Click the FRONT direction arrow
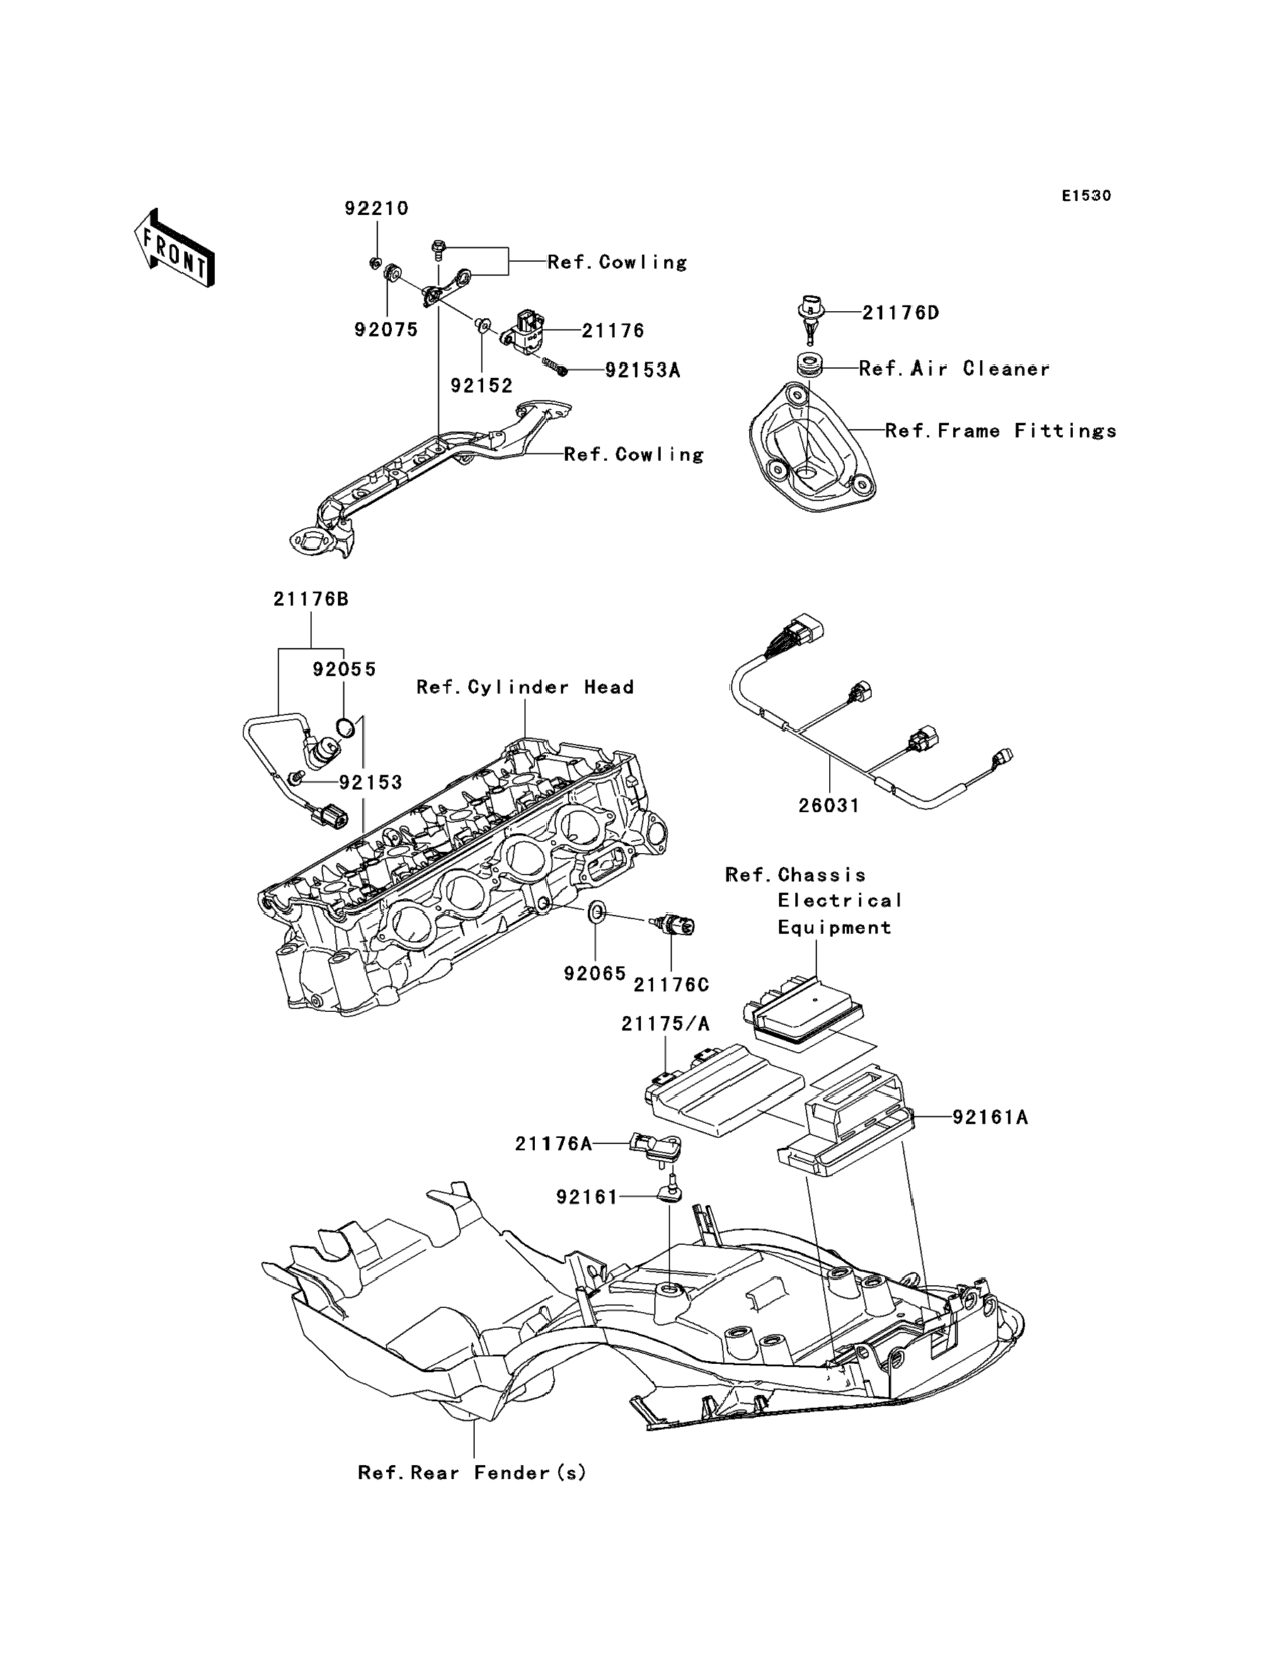click(x=174, y=248)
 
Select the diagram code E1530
click(x=1086, y=196)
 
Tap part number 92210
click(x=377, y=208)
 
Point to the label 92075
click(x=386, y=329)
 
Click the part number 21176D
click(x=900, y=312)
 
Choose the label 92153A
click(x=642, y=370)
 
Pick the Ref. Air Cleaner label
click(x=954, y=369)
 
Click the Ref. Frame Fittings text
click(x=1001, y=431)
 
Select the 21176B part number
click(x=311, y=599)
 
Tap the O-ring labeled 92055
click(x=346, y=727)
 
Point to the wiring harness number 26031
click(x=828, y=805)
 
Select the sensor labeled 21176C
click(x=672, y=925)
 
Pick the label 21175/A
click(x=665, y=1024)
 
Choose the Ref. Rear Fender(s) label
click(x=472, y=1473)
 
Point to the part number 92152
click(x=482, y=385)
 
